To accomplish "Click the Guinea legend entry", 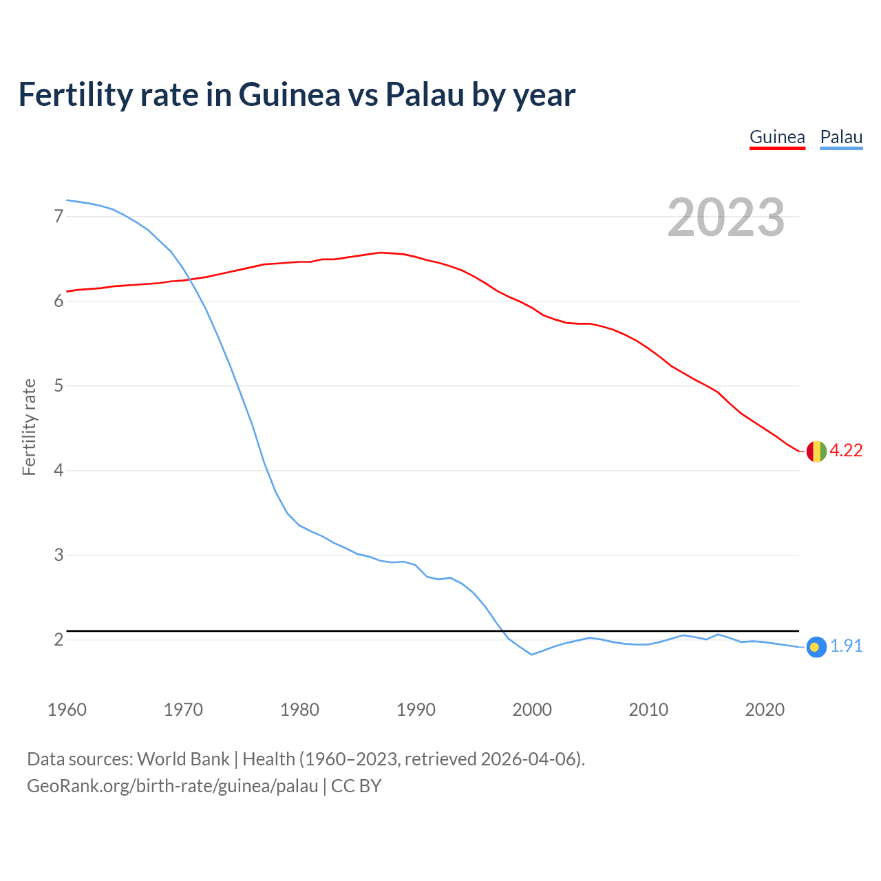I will point(777,137).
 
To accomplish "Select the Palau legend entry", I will point(841,137).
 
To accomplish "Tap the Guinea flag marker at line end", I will point(816,452).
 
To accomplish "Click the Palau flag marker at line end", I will point(816,647).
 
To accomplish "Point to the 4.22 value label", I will point(846,451).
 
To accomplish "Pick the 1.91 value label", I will point(846,646).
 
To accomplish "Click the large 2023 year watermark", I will point(726,217).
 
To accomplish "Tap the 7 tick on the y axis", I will point(59,217).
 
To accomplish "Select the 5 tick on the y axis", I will point(59,386).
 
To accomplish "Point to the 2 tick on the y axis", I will point(59,640).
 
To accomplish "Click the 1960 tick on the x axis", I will point(67,710).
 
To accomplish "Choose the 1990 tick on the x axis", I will point(416,710).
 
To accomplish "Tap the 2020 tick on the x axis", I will point(765,710).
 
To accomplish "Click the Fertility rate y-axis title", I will point(29,427).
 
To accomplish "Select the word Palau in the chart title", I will point(424,94).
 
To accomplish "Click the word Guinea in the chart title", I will point(289,94).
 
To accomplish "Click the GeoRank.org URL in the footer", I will point(172,786).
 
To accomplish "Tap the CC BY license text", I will point(356,786).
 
